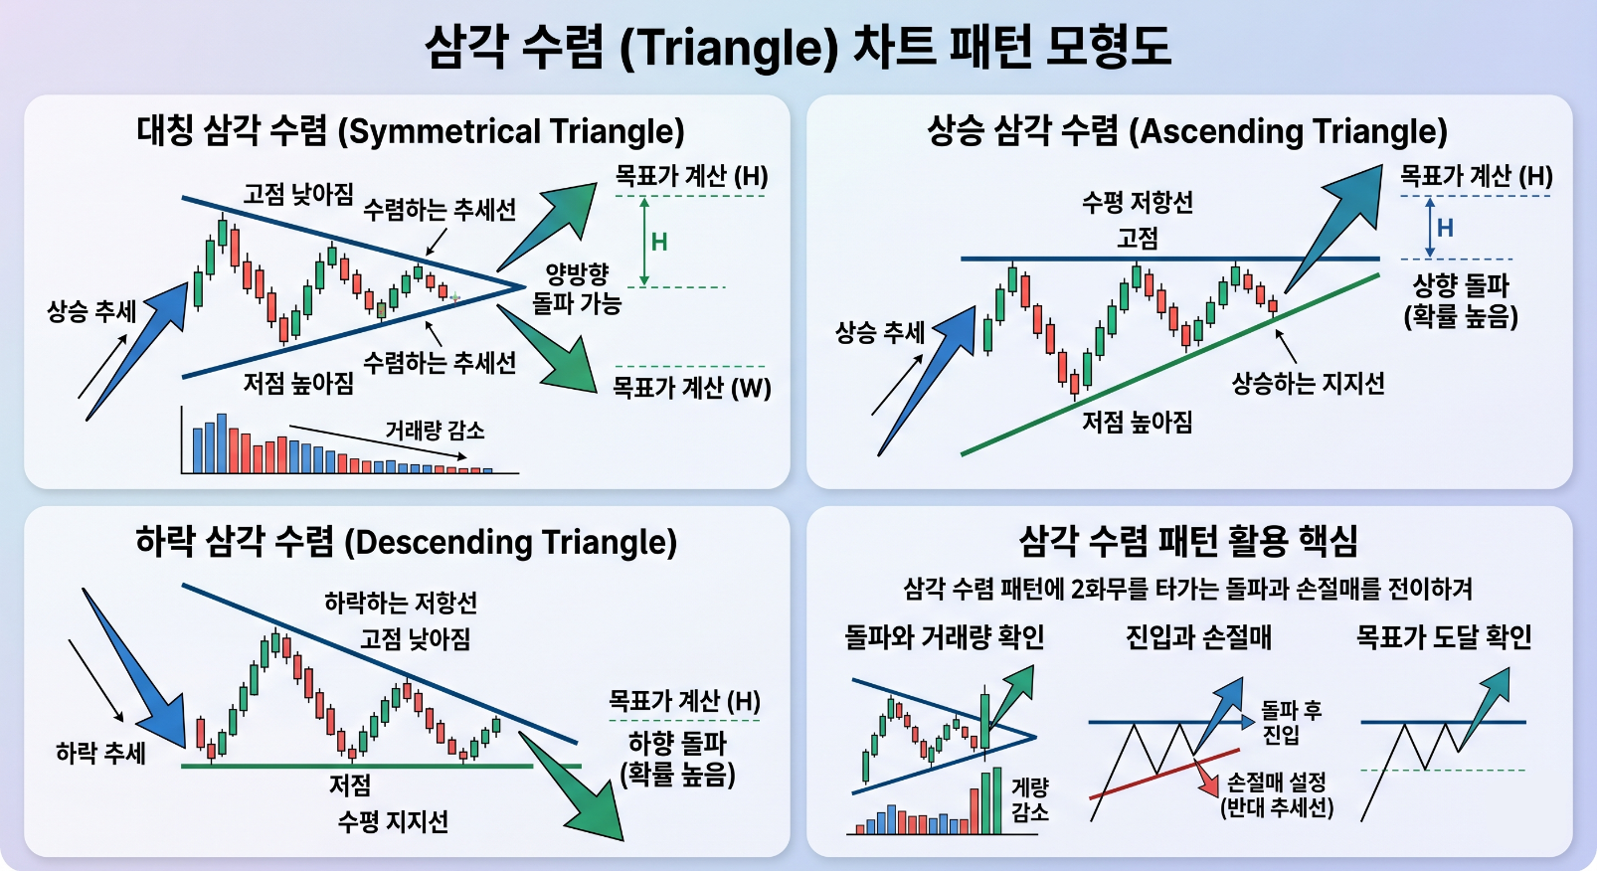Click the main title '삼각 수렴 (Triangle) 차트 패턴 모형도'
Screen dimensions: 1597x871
[798, 47]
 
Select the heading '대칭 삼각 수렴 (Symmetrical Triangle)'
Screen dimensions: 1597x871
[411, 131]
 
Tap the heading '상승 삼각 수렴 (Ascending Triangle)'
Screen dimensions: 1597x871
[1187, 131]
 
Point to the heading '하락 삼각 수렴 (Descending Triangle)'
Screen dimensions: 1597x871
[407, 542]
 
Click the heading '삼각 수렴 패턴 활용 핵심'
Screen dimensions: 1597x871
[1188, 541]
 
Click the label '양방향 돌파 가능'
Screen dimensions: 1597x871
[577, 288]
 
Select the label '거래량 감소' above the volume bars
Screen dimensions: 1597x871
[435, 430]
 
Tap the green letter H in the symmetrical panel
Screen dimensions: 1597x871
[659, 243]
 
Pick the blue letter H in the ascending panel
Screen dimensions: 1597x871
[1445, 228]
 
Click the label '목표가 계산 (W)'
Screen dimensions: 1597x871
[692, 388]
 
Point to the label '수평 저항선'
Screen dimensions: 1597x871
[1138, 203]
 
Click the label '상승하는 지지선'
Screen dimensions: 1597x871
[1309, 384]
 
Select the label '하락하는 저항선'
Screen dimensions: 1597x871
[401, 603]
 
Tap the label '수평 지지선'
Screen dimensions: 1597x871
[393, 822]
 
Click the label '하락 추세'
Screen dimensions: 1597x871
[100, 753]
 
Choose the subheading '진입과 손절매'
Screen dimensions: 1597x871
[1198, 636]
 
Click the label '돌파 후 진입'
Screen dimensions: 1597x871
[1291, 721]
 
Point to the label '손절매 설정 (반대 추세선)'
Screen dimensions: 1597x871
[1276, 794]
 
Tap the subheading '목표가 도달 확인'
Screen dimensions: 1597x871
[1443, 636]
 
